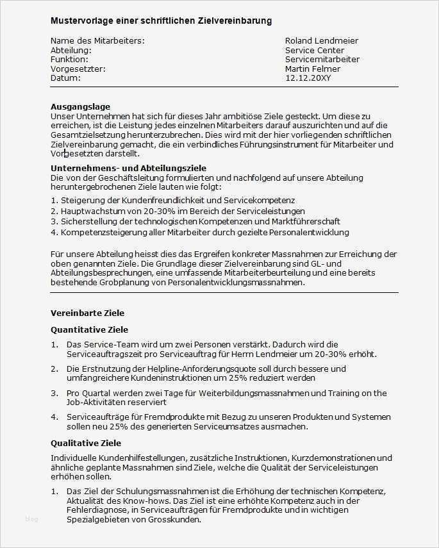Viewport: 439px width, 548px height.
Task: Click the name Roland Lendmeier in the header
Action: tap(321, 40)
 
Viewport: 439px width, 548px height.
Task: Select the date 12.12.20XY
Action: tap(308, 78)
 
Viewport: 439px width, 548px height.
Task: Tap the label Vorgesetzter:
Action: tap(78, 69)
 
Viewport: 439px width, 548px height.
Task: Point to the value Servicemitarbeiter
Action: tap(322, 60)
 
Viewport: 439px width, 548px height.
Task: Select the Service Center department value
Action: tap(314, 50)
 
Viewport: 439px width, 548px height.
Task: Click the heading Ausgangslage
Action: tap(80, 106)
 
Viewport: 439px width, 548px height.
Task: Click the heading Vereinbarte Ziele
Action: tap(87, 313)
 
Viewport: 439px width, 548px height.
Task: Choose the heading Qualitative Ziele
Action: tap(85, 443)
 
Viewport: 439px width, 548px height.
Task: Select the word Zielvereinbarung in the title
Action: tap(236, 21)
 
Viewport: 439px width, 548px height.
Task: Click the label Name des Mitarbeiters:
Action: tap(97, 40)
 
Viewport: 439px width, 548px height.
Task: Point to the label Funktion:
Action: tap(69, 60)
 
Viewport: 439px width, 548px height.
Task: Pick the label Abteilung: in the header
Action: tap(70, 50)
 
